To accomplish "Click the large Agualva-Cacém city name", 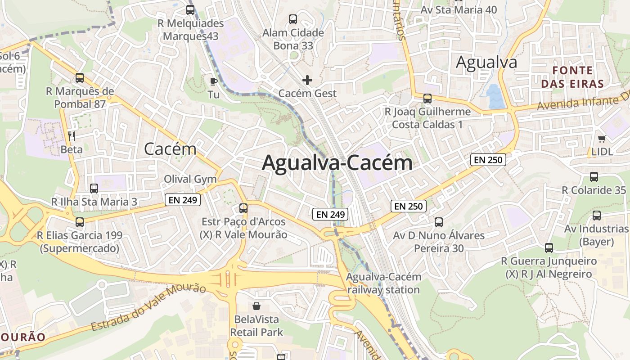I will point(337,163).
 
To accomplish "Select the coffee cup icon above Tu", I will point(214,81).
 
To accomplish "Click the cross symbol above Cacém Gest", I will point(307,80).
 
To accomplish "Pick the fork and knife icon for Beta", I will point(72,135).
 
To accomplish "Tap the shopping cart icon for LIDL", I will point(602,139).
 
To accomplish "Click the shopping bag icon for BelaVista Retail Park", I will point(256,306).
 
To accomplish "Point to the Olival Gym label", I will point(190,179).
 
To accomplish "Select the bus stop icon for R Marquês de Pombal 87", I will point(80,78).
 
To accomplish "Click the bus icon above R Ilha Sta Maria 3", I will point(94,189).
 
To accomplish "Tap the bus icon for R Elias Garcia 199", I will point(80,222).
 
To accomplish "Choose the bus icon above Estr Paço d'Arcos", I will point(243,208).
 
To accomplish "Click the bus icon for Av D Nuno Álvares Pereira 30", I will point(439,222).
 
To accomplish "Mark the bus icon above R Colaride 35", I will point(594,177).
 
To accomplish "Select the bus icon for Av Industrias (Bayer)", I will point(597,216).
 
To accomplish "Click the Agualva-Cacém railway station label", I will point(383,283).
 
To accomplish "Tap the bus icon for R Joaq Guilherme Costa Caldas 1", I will point(427,98).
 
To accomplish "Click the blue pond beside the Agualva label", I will point(495,96).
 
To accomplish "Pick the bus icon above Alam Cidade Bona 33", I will point(293,19).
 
